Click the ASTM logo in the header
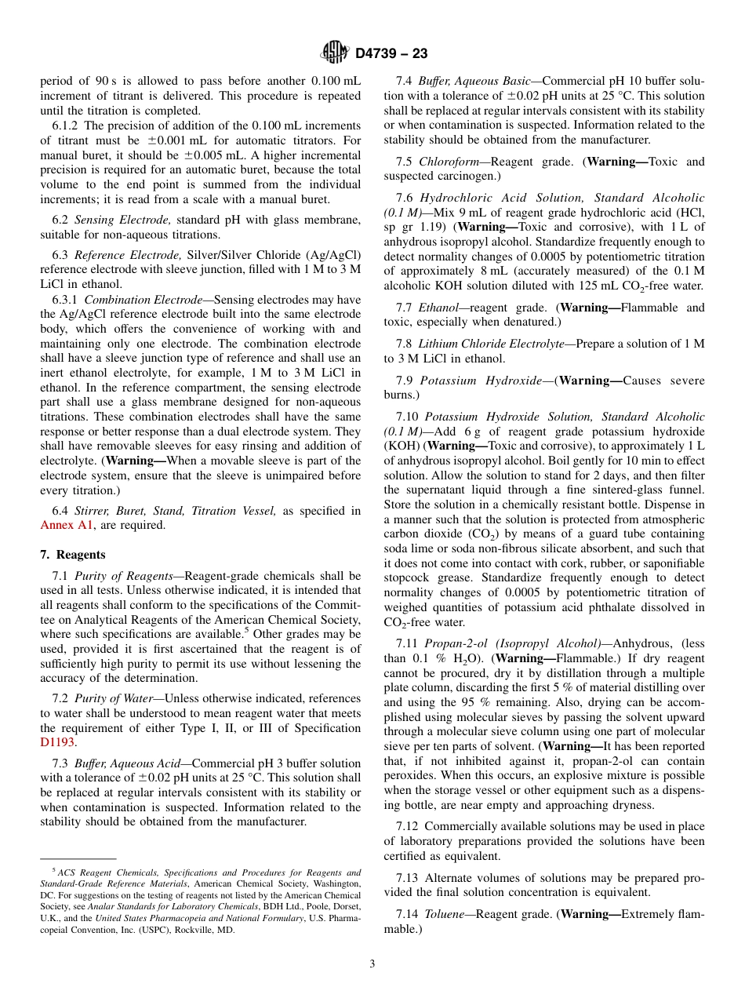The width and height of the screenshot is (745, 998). (x=335, y=53)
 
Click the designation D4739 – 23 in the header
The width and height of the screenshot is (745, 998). (x=391, y=54)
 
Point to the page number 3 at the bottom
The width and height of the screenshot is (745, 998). (x=372, y=963)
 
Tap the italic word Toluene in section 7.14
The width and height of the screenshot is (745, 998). (x=444, y=914)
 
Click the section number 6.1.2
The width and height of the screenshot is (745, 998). (x=66, y=126)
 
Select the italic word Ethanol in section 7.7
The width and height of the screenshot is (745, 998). (x=439, y=308)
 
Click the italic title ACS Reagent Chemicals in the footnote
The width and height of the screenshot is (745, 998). (x=111, y=872)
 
